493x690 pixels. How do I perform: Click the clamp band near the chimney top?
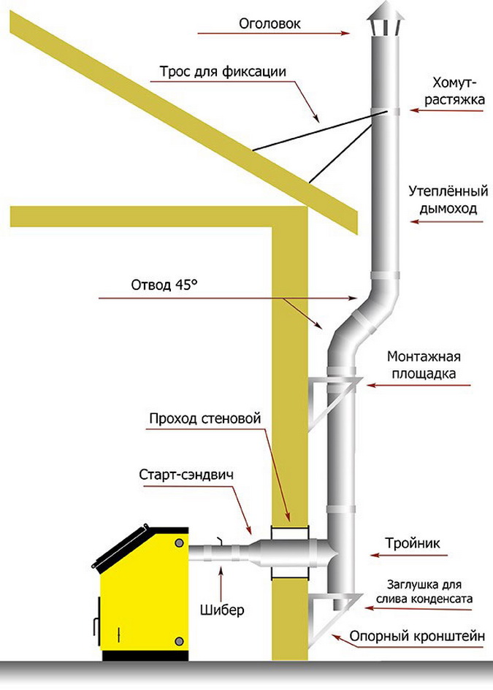pos(385,111)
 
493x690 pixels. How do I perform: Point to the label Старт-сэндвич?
pos(186,475)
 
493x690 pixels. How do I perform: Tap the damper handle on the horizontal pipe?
pos(219,541)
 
